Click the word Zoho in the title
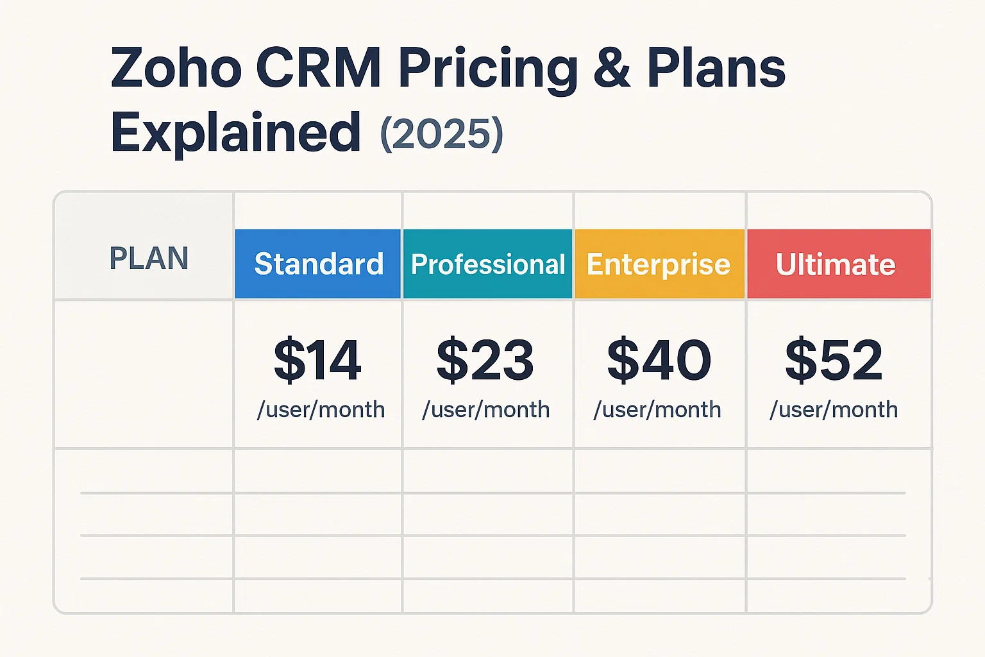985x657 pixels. point(176,68)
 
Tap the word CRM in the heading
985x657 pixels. point(319,68)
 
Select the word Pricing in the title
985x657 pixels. point(487,69)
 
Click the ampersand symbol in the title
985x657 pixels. point(612,68)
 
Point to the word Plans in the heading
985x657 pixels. point(716,68)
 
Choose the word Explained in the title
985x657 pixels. point(235,133)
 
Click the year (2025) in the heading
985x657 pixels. point(442,134)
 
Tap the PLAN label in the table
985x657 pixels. point(149,259)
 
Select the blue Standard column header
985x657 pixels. point(318,264)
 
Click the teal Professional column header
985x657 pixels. point(487,264)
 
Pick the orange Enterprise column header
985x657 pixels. point(659,264)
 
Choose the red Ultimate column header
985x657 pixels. point(836,264)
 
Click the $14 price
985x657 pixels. point(317,361)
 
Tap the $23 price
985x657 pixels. point(485,361)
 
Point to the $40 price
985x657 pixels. point(659,361)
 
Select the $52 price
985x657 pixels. point(834,361)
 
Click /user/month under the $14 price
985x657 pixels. point(321,409)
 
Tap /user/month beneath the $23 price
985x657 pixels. point(485,409)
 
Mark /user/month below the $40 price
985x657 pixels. point(657,409)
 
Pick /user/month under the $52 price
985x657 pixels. point(834,409)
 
